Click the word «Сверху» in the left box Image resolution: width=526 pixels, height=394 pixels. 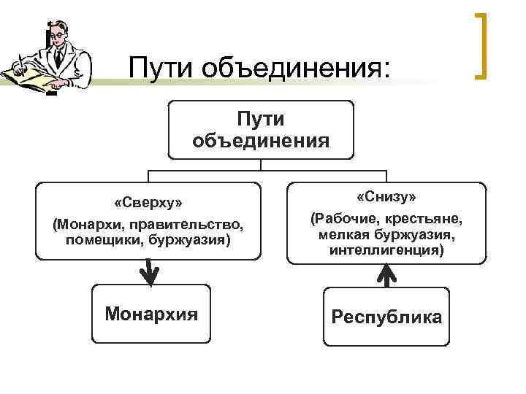(x=148, y=201)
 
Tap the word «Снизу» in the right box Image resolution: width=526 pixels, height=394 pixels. (x=386, y=198)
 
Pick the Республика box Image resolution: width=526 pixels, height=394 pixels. (x=386, y=317)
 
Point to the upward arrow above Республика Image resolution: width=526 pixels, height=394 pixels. (x=386, y=275)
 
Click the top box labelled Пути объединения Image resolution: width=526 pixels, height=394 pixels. (x=261, y=129)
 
